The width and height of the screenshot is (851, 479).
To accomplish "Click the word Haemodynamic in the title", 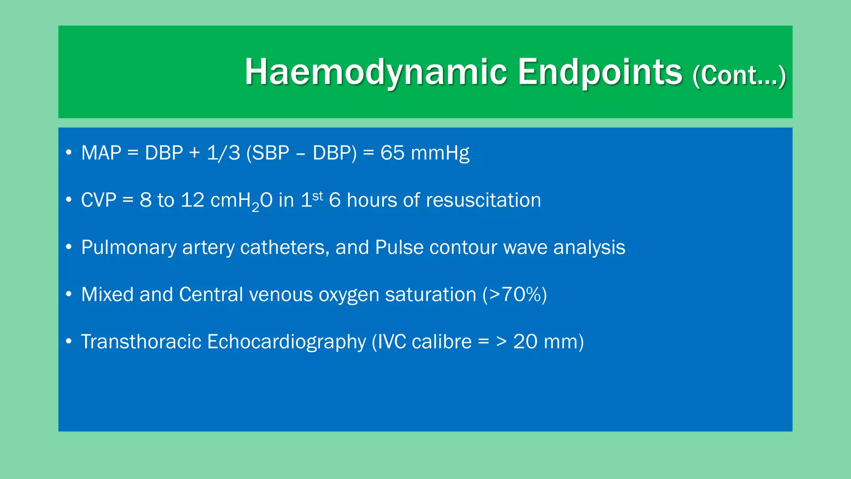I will pos(376,72).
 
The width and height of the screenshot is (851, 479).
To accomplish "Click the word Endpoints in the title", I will pos(600,72).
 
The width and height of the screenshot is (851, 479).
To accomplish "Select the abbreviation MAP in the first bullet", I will pos(101,153).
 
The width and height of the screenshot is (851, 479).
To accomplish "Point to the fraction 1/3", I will pos(224,153).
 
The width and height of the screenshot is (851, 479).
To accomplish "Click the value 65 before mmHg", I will pos(392,153).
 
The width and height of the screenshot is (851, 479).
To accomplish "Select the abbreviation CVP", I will pos(98,200).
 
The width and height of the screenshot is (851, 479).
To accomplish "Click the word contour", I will pos(463,247).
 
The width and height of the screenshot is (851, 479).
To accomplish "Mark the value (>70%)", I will pos(514,295).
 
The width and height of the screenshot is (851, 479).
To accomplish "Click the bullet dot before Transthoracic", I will pos(69,342).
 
